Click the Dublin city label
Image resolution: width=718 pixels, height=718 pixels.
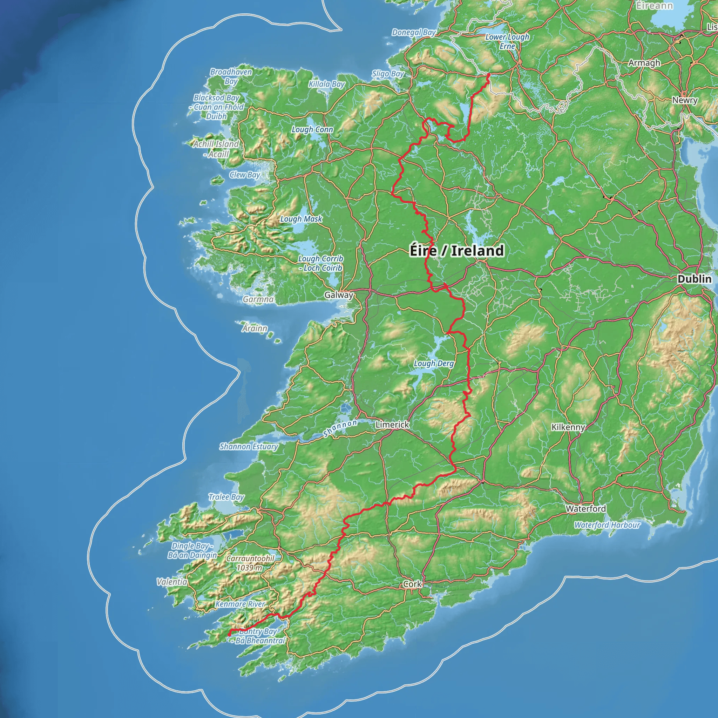[x=694, y=279]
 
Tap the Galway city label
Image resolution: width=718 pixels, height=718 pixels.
[x=338, y=295]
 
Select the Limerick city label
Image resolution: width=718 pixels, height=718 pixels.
[x=392, y=425]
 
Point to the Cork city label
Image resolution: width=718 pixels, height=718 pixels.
[x=412, y=584]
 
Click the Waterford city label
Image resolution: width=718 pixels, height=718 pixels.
[x=586, y=509]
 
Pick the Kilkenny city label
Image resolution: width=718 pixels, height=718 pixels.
[x=568, y=427]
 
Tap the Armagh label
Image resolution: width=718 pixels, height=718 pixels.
[x=644, y=63]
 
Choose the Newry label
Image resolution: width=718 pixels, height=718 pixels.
[x=685, y=100]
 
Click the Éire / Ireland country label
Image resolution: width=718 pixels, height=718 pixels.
[x=457, y=251]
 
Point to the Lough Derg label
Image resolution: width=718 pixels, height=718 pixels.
[x=434, y=364]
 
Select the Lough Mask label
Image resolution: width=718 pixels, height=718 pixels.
[x=301, y=219]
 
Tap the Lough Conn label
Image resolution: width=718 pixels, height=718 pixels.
[x=312, y=130]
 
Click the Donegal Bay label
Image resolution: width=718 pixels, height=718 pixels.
[x=414, y=33]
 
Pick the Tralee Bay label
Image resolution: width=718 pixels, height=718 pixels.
[x=226, y=497]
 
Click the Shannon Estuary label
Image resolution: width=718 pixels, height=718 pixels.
[x=248, y=447]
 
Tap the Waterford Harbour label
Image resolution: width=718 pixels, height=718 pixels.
[x=607, y=525]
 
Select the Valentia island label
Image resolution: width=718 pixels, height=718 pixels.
[x=172, y=582]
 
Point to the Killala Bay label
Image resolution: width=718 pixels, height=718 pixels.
[x=327, y=84]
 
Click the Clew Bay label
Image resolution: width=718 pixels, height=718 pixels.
[x=245, y=175]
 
